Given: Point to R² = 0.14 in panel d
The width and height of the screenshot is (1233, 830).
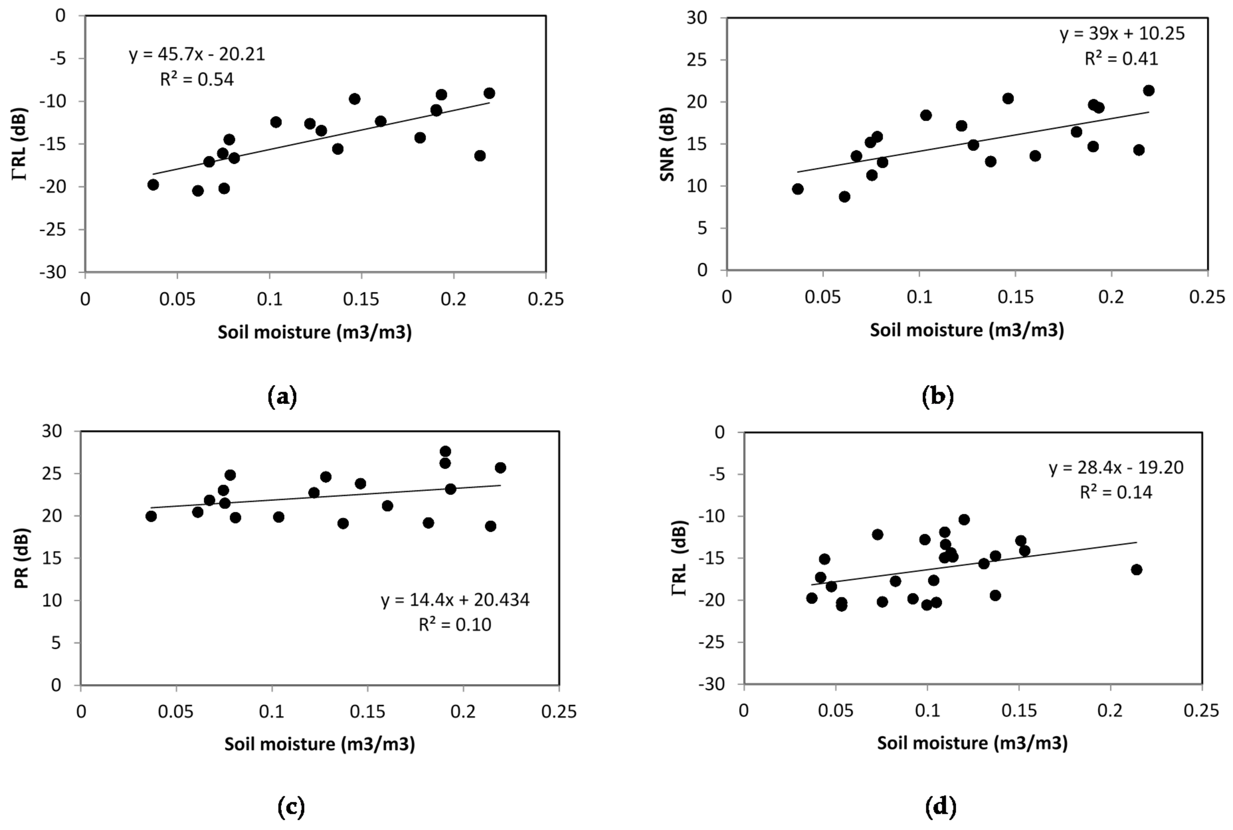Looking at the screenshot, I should [1115, 492].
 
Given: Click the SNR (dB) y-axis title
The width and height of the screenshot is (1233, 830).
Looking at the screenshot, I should [667, 144].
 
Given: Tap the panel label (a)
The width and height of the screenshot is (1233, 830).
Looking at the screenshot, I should [283, 396].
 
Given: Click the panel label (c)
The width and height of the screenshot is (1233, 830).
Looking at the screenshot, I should [291, 807].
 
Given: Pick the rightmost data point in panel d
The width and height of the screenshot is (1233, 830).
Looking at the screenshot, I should [1136, 570].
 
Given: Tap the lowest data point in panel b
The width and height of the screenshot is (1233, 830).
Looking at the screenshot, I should [845, 196].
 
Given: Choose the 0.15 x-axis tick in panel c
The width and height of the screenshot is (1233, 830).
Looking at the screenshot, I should [368, 711].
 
